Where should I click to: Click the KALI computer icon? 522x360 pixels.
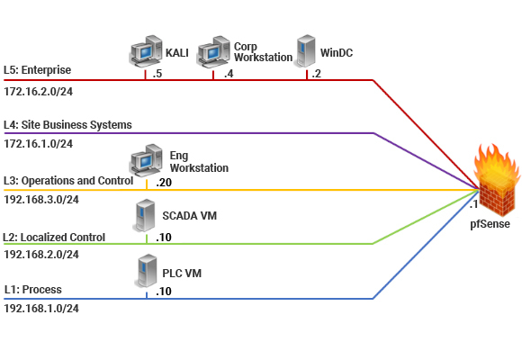146,51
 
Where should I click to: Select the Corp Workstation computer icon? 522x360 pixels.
213,51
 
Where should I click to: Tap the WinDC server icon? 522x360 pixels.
306,51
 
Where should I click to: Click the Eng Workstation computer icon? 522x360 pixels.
146,160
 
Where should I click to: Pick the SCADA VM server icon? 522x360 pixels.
145,215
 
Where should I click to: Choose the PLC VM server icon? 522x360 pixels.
147,271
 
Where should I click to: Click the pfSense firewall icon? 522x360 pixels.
497,180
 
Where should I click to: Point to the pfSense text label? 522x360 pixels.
490,224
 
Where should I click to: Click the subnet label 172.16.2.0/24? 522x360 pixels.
39,92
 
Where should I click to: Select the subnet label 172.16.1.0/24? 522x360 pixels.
39,144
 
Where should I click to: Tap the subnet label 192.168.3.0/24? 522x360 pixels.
41,200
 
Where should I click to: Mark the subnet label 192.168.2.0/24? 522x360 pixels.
41,255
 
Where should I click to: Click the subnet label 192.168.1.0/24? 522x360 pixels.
41,309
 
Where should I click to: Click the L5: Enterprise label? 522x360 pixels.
37,70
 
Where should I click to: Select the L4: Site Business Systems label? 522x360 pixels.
67,125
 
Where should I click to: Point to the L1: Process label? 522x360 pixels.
33,290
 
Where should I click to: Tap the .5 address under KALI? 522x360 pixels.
157,74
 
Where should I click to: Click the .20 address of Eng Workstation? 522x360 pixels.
164,183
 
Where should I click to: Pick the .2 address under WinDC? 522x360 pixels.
317,74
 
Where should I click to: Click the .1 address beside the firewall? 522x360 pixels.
473,204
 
